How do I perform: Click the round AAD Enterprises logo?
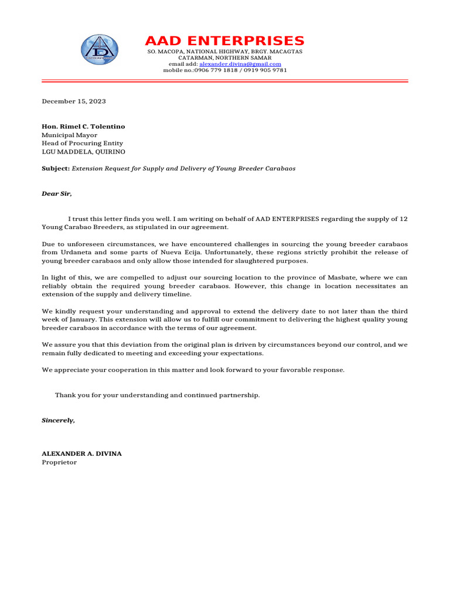99,49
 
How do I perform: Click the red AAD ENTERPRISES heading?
224,41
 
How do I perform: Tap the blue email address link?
240,64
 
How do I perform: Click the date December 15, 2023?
73,101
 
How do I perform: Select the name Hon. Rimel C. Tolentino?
83,127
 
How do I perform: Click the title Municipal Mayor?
69,135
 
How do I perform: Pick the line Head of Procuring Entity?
82,143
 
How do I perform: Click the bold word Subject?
55,168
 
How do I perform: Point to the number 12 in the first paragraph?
403,219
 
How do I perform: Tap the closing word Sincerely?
58,420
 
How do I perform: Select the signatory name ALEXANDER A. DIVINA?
81,454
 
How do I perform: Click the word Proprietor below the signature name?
59,462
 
